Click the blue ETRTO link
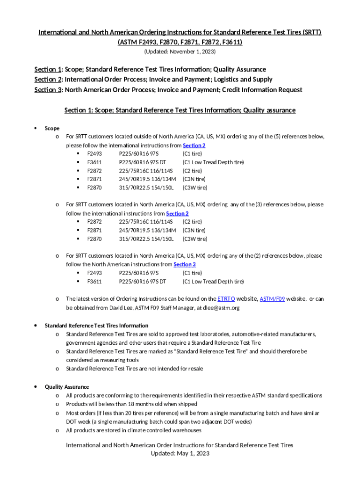click(x=226, y=299)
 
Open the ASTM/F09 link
click(x=272, y=299)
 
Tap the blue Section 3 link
click(x=185, y=264)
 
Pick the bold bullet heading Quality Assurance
click(x=66, y=387)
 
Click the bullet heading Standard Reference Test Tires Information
click(x=96, y=326)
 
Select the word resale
click(x=194, y=369)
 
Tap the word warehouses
click(x=184, y=430)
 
